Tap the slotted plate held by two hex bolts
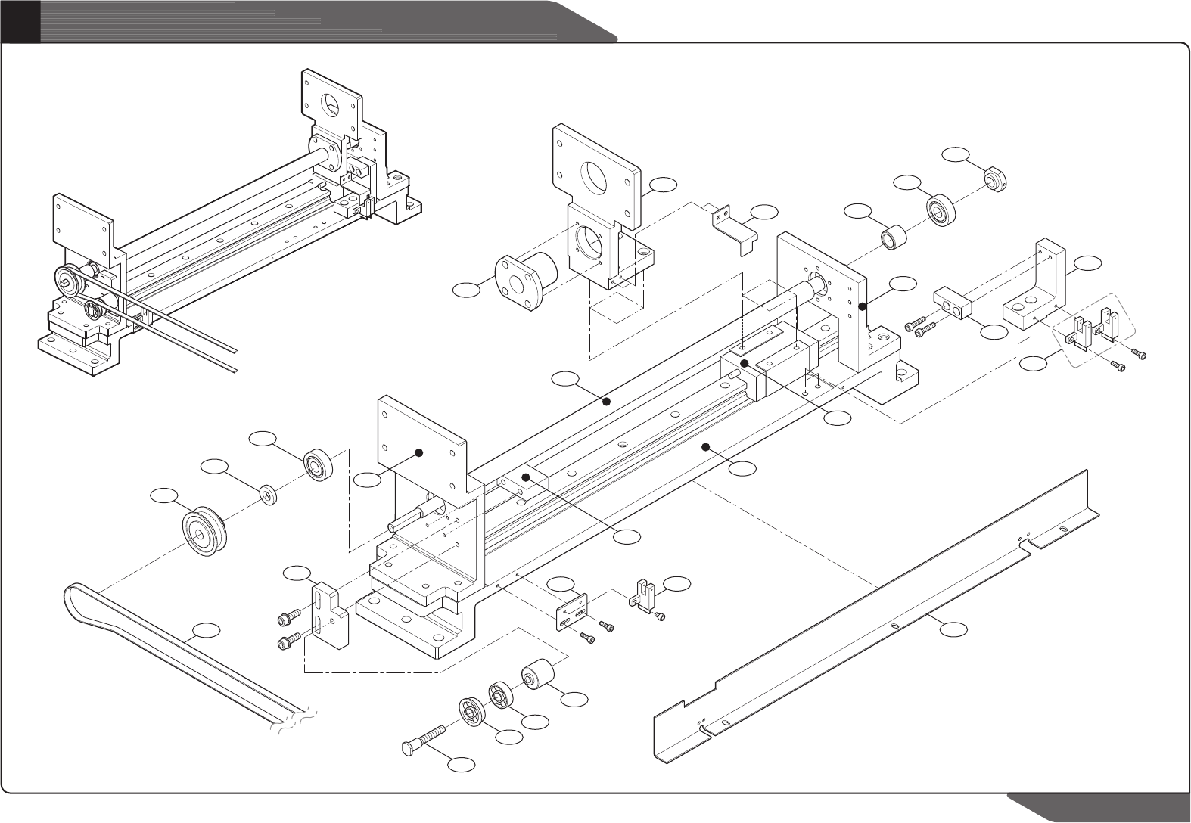330,613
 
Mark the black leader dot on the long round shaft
606,402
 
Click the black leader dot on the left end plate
418,452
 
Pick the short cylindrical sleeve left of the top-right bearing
891,236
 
